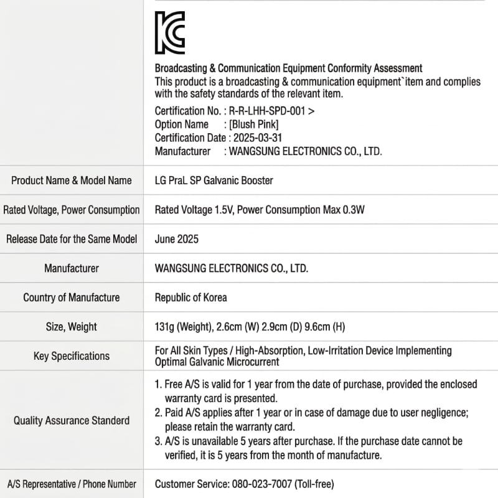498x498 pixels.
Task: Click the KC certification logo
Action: click(x=169, y=32)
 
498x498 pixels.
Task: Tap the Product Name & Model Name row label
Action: click(x=72, y=181)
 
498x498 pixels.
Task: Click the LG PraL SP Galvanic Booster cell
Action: click(x=214, y=181)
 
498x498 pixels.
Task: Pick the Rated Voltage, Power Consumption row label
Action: click(x=72, y=210)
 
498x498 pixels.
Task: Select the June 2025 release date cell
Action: click(x=176, y=239)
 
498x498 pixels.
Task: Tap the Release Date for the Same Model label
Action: click(x=72, y=239)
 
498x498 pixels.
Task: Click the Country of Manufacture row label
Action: click(x=72, y=298)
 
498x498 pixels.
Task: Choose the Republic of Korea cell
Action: click(x=190, y=298)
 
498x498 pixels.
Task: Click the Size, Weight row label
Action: click(x=72, y=327)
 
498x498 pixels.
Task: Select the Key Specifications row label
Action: click(x=72, y=356)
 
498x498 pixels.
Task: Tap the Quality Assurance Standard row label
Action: click(x=72, y=421)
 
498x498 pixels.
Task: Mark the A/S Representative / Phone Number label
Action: click(x=72, y=484)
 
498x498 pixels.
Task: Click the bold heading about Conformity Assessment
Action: click(x=288, y=68)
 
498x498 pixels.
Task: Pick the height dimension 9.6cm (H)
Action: click(x=316, y=327)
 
